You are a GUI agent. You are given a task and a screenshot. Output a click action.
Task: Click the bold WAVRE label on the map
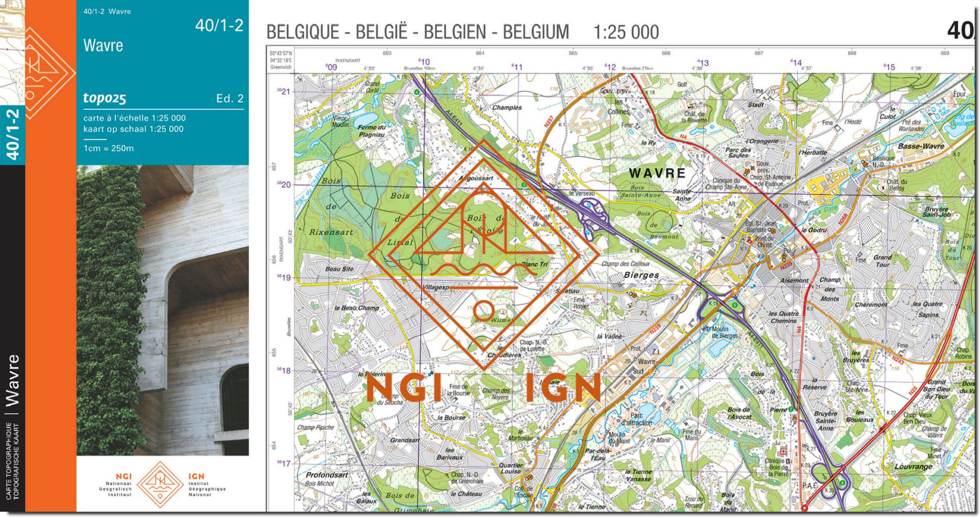657,173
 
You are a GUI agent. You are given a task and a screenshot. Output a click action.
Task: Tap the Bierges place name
641,275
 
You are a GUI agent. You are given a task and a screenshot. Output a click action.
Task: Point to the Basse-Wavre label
921,146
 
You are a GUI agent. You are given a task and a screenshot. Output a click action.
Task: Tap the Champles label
506,107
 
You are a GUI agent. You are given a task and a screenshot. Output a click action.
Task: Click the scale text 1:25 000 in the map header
626,32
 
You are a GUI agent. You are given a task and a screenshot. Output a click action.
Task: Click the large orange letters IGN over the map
563,388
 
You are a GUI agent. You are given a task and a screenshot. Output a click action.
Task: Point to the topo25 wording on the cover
105,99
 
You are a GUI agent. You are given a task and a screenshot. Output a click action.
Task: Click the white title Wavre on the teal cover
103,46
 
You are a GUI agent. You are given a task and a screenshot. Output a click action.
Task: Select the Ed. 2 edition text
229,99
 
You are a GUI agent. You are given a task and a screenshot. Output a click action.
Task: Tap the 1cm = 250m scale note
108,148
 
